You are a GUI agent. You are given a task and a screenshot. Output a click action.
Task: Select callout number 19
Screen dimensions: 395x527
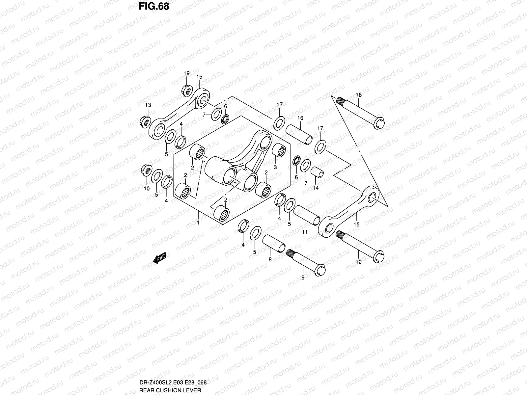point(186,73)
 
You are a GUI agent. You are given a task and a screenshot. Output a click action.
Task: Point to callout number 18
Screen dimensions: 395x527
point(358,95)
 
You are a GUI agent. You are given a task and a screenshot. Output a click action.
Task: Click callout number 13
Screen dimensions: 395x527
point(148,105)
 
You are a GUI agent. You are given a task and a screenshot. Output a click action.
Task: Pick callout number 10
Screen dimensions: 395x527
point(147,189)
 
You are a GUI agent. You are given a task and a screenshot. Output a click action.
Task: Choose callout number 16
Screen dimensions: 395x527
point(300,118)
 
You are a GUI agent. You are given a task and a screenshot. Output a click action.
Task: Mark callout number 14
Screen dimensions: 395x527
point(316,188)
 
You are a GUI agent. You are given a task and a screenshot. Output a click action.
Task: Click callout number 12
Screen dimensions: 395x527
point(359,262)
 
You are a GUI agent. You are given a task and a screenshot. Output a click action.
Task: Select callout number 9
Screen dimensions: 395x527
point(303,278)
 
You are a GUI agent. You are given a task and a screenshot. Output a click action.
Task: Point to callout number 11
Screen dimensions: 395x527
point(305,232)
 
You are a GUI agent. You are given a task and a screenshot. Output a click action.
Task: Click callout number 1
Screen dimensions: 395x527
point(198,223)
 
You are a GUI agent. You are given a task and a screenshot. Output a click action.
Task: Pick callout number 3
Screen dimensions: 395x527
point(275,167)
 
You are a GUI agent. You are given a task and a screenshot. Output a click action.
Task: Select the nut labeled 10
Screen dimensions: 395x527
point(146,170)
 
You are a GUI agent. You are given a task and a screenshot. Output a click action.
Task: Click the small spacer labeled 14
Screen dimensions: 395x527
point(317,172)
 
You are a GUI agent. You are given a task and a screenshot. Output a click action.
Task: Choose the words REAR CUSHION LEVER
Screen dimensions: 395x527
point(170,390)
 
